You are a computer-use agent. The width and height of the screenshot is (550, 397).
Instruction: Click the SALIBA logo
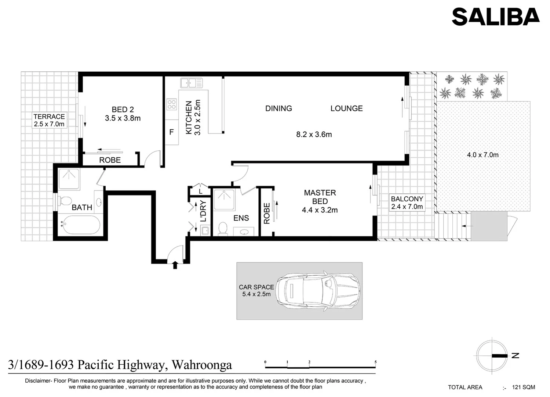click(x=495, y=17)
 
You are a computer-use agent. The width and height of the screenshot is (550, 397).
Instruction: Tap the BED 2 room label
click(x=123, y=110)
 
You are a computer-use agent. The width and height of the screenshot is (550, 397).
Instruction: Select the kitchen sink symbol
click(x=191, y=83)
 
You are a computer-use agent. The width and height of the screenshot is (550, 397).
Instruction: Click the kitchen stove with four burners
click(x=171, y=104)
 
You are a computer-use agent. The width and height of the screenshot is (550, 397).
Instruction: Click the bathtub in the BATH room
click(x=80, y=225)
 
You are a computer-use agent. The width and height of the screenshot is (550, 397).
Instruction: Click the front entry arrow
click(x=175, y=265)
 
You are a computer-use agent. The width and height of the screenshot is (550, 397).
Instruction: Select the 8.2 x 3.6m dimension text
click(x=314, y=135)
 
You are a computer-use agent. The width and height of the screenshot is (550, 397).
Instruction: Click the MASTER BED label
click(x=320, y=197)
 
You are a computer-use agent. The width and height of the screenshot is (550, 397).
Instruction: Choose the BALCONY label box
click(x=407, y=203)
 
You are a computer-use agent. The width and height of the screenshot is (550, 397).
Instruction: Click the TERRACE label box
click(x=49, y=120)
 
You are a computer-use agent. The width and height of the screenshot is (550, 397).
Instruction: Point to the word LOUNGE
click(x=346, y=108)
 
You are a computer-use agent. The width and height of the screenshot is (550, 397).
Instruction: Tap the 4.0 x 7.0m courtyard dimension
click(x=482, y=155)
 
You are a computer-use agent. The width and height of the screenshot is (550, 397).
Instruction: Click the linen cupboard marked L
click(x=200, y=192)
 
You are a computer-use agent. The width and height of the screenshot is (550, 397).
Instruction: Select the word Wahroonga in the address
click(x=202, y=365)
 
